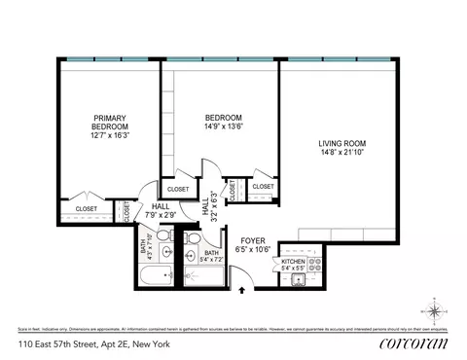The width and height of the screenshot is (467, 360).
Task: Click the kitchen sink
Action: (299, 280)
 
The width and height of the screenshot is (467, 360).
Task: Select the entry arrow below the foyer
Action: (242, 289)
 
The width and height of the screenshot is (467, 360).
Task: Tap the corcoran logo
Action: (412, 343)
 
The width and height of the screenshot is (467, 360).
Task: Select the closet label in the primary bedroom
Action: (87, 207)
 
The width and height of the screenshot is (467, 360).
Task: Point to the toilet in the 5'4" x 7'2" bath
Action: (194, 240)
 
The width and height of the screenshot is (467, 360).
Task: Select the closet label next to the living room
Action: (263, 186)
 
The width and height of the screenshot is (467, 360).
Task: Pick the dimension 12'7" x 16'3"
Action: (109, 136)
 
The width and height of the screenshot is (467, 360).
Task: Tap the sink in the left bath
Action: (166, 252)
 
